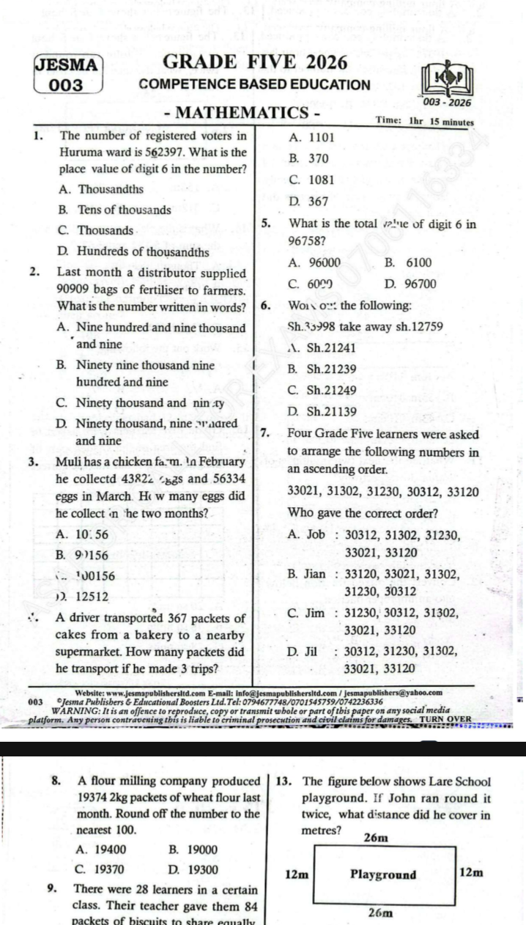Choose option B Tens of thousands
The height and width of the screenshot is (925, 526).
click(x=114, y=209)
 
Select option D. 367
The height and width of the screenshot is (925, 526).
click(x=308, y=201)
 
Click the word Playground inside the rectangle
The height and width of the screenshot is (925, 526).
click(x=383, y=874)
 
